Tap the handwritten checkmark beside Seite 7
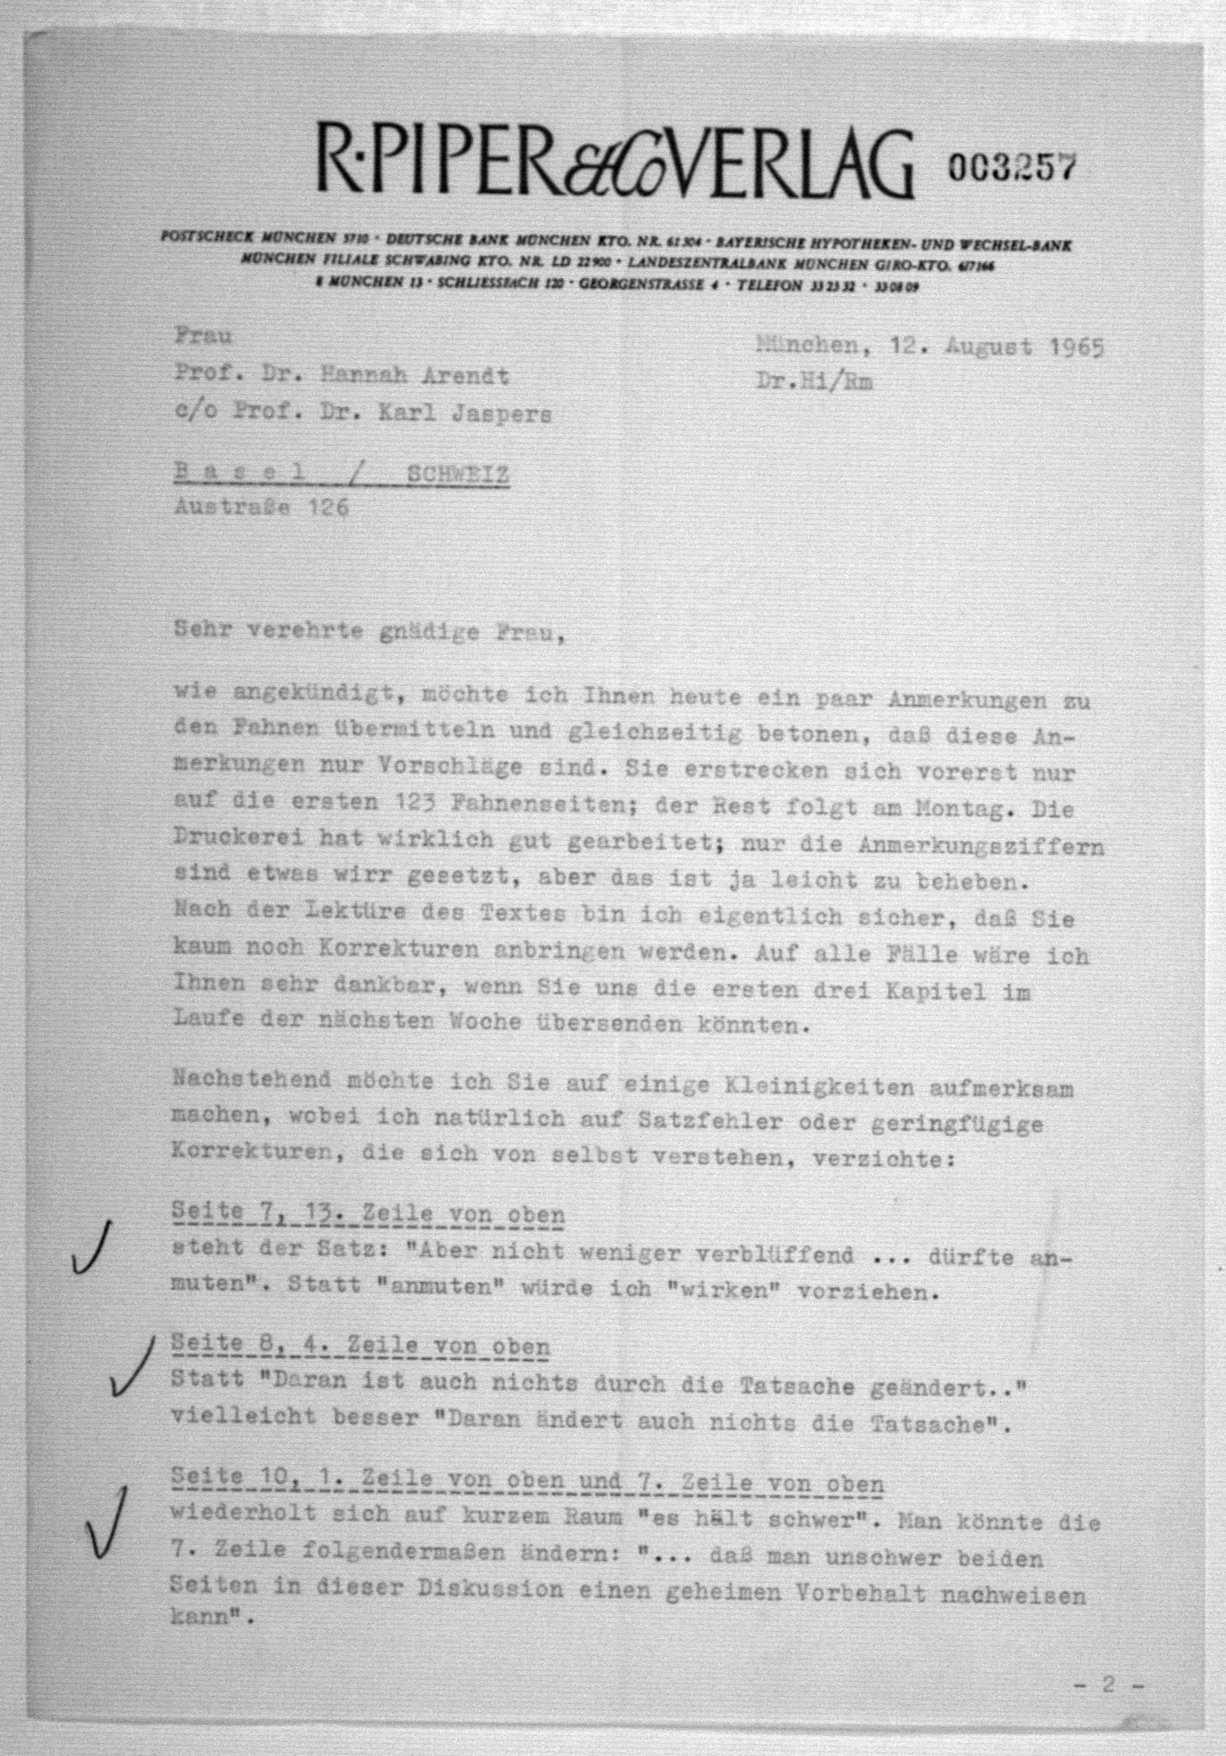(91, 1249)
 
